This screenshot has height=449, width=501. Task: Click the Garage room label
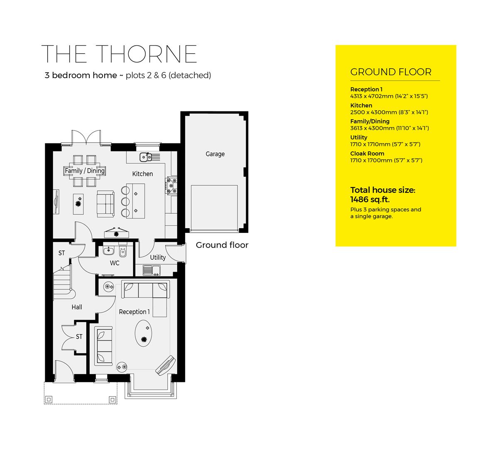[x=215, y=154]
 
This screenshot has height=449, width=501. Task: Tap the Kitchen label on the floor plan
[x=142, y=174]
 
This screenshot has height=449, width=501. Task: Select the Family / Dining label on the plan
[x=85, y=171]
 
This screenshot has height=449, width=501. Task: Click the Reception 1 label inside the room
[x=134, y=312]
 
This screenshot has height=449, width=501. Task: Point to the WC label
[x=115, y=263]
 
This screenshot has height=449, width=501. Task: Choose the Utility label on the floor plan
[x=158, y=257]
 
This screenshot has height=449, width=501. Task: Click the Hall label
[x=77, y=307]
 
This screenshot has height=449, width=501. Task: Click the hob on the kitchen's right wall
[x=171, y=186]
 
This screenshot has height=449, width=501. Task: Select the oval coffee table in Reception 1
[x=144, y=333]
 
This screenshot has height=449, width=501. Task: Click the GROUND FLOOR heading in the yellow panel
[x=391, y=72]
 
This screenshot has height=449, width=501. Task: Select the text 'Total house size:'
[x=382, y=190]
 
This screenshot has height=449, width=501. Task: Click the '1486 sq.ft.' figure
[x=370, y=200]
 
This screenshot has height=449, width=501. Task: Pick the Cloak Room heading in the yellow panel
[x=367, y=153]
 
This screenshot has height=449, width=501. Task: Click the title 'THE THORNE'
[x=120, y=54]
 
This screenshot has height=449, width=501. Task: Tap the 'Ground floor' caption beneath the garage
[x=222, y=245]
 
